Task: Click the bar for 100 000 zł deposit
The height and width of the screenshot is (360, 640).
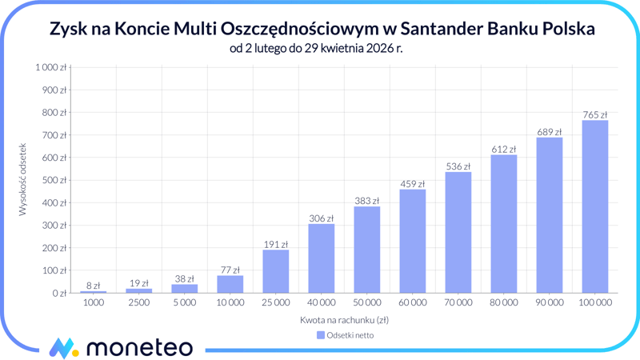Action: [x=594, y=206]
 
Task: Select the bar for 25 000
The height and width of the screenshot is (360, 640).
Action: [x=276, y=271]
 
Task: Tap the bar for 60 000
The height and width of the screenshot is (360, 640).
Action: [x=413, y=241]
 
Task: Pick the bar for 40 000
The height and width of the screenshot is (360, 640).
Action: [x=322, y=258]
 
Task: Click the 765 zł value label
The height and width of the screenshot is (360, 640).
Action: [x=594, y=115]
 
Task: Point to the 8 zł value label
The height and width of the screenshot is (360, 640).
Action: [x=94, y=286]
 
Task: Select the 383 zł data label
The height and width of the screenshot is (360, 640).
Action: [x=366, y=201]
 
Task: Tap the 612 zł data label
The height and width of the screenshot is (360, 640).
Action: [x=503, y=150]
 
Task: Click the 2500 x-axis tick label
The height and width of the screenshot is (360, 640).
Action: [x=139, y=303]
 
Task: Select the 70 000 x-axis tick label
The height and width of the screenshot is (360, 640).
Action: [x=458, y=303]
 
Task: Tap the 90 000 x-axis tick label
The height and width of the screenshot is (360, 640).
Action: [x=549, y=303]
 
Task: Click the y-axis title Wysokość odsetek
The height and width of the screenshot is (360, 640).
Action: [x=23, y=180]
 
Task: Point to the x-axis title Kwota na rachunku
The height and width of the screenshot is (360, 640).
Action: [x=344, y=320]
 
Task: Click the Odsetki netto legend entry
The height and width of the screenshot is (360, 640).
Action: [x=345, y=335]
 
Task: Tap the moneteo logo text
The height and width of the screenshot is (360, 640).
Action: [x=139, y=347]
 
